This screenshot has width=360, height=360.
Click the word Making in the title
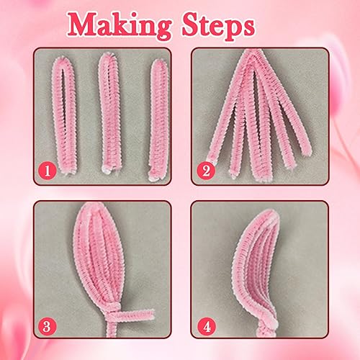[x=120, y=26]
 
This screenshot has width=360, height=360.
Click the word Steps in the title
[x=218, y=27]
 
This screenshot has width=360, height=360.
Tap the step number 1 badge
[x=48, y=171]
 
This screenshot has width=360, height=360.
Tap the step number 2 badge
[x=206, y=171]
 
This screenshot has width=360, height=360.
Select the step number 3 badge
[x=48, y=326]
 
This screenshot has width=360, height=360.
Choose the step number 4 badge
[x=207, y=326]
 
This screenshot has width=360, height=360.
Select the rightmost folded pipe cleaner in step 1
[x=158, y=120]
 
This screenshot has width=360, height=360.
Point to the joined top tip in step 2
[x=253, y=53]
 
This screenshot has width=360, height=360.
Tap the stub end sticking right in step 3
[x=152, y=313]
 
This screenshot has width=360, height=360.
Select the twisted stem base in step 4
[x=267, y=326]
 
